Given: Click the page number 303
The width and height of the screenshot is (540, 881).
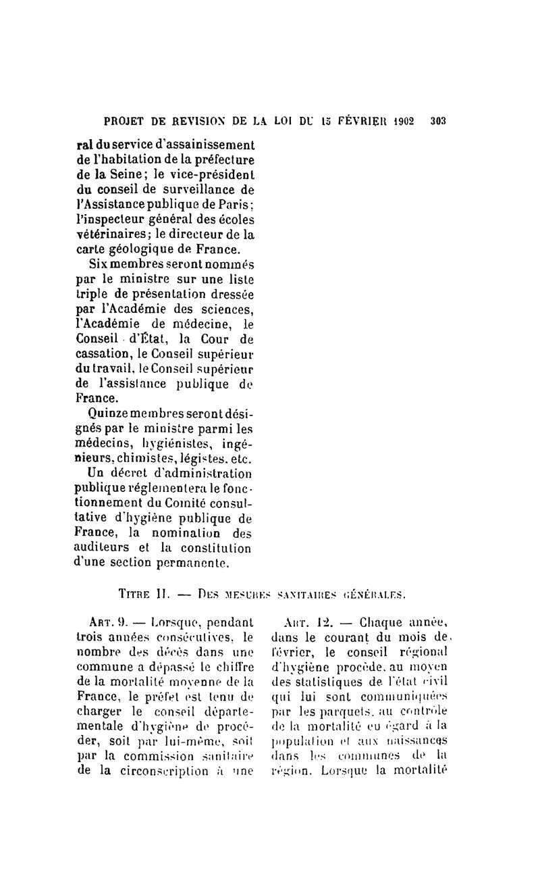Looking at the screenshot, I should coord(438,122).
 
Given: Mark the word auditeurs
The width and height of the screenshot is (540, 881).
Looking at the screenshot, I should coord(104,547).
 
